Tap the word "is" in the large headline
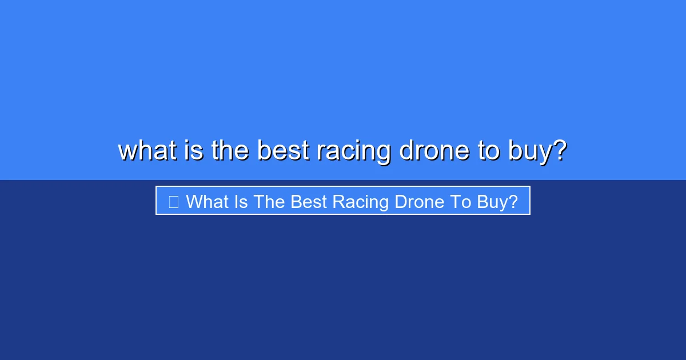tap(194, 151)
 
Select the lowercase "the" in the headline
tap(231, 151)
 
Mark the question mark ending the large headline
tap(560, 151)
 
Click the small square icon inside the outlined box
tap(174, 201)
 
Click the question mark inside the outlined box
tap(513, 201)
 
